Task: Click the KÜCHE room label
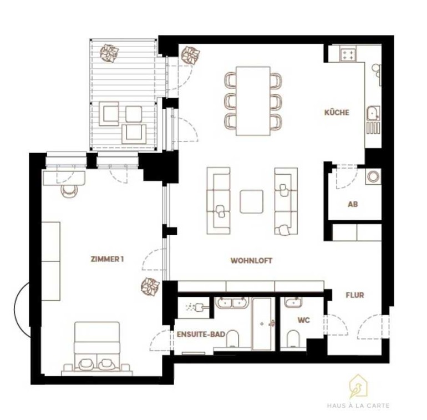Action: click(x=337, y=112)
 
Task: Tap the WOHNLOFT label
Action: click(x=251, y=261)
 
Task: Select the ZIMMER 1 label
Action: click(x=107, y=259)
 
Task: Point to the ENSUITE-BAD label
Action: click(x=201, y=334)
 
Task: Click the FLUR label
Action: click(x=354, y=295)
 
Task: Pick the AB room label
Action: click(x=353, y=204)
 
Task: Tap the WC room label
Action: click(x=304, y=320)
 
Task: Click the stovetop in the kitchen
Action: click(x=348, y=53)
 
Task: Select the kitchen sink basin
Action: click(x=373, y=113)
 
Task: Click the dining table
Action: click(x=253, y=101)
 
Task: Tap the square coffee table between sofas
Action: click(x=251, y=201)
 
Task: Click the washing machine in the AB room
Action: click(x=373, y=176)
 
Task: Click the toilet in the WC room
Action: click(x=293, y=339)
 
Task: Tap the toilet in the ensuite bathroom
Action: click(x=232, y=339)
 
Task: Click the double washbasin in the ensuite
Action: click(x=232, y=303)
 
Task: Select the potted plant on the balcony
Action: click(x=109, y=53)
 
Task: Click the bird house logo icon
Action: click(x=359, y=387)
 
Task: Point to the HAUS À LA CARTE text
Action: click(x=358, y=406)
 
